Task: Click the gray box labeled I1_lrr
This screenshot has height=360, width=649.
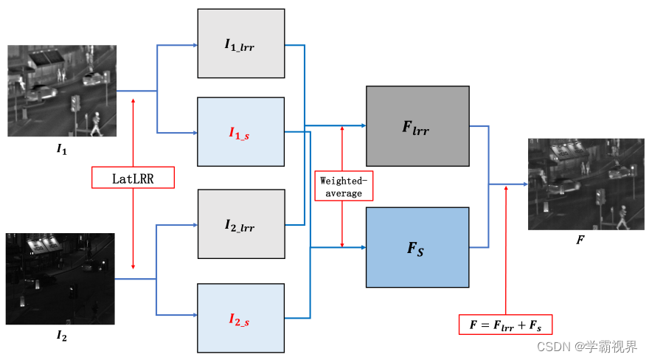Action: coord(240,44)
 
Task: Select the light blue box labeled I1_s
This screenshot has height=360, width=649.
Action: coord(240,133)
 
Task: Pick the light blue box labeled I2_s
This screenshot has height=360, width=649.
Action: coord(240,318)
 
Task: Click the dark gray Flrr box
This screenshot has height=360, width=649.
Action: coord(417,126)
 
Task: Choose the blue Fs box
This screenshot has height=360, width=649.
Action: coord(417,247)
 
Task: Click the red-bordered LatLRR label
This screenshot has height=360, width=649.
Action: coord(133,177)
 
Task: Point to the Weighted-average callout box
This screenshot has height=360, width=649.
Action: coord(342,187)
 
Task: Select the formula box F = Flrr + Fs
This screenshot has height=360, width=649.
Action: coord(505,324)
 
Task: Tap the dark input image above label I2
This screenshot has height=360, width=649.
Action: coord(60,279)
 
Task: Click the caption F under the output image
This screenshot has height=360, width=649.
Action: coord(580,240)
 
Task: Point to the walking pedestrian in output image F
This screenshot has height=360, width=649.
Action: coord(623,215)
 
